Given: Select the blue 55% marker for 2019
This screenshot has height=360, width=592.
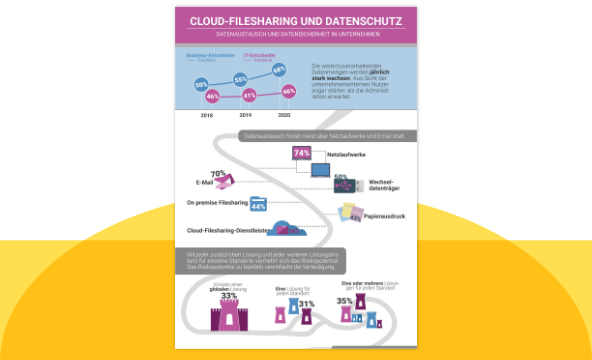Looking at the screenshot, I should point(240,78).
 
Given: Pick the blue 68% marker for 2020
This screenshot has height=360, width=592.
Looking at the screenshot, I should point(279,69).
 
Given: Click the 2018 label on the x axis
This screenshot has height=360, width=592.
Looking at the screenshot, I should point(206,116).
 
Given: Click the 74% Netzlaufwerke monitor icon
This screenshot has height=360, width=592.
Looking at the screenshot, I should point(304,153).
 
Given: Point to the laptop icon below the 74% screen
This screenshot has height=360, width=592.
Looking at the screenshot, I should point(321,172).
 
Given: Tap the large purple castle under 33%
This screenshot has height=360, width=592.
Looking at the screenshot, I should point(228,317).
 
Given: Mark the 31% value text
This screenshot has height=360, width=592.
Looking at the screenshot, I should point(307,303).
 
